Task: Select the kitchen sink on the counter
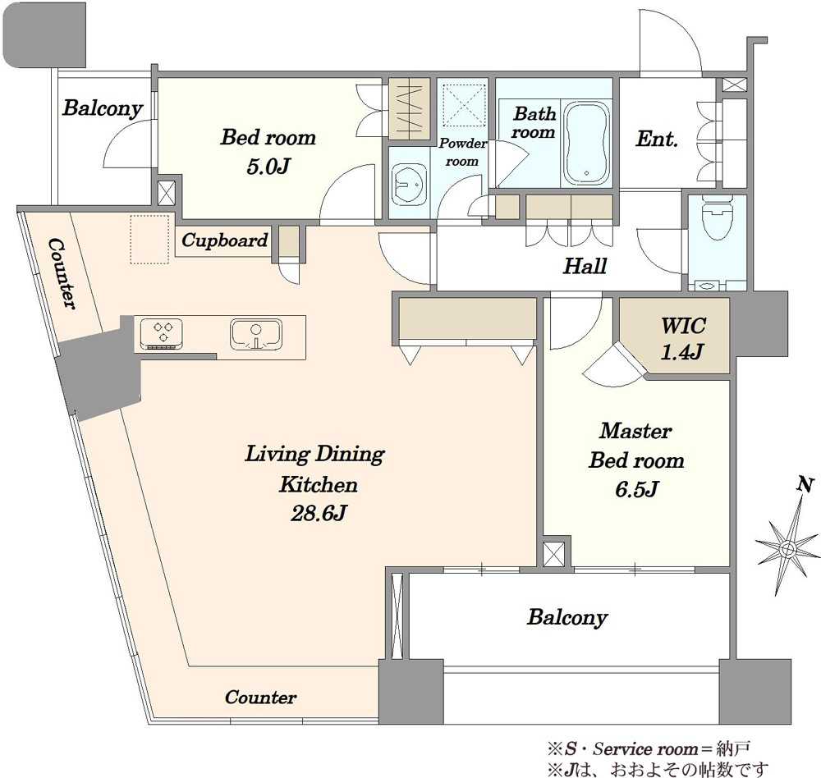[x=256, y=334]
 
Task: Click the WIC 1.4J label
[x=682, y=339]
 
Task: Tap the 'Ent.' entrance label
[x=657, y=139]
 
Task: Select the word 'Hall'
[x=585, y=266]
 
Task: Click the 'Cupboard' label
[x=225, y=240]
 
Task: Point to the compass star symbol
[x=787, y=548]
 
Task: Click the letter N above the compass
[x=805, y=484]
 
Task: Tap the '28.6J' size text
[x=319, y=513]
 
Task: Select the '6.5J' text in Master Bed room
[x=636, y=489]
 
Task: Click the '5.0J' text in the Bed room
[x=268, y=167]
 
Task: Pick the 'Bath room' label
[x=534, y=122]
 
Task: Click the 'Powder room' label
[x=462, y=152]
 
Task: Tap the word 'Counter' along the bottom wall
[x=260, y=698]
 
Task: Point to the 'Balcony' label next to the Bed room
[x=103, y=108]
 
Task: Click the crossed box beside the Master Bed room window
[x=554, y=553]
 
